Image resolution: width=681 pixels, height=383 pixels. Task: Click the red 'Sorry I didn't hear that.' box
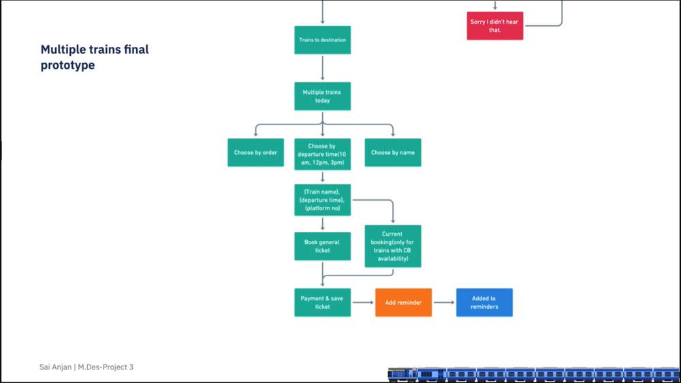pyautogui.click(x=494, y=26)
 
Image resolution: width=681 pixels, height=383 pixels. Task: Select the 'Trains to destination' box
pyautogui.click(x=322, y=40)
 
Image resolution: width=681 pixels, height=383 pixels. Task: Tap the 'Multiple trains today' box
pyautogui.click(x=322, y=96)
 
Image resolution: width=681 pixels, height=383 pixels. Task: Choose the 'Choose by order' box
pyautogui.click(x=255, y=152)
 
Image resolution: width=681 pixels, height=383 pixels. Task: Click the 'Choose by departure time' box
pyautogui.click(x=322, y=154)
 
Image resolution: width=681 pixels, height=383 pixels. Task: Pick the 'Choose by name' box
pyautogui.click(x=392, y=152)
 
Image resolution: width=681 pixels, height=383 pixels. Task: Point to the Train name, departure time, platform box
pyautogui.click(x=322, y=200)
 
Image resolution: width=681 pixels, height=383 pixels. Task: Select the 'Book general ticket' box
pyautogui.click(x=322, y=246)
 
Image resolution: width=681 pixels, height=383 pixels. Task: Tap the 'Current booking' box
pyautogui.click(x=392, y=246)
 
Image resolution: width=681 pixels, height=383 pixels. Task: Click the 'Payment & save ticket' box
pyautogui.click(x=322, y=302)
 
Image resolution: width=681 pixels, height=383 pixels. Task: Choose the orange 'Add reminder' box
pyautogui.click(x=403, y=302)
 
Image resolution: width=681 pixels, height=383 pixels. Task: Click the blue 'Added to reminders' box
pyautogui.click(x=484, y=302)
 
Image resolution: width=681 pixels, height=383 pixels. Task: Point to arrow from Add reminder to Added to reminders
pyautogui.click(x=443, y=302)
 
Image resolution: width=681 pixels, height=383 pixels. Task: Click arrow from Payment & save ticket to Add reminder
pyautogui.click(x=363, y=302)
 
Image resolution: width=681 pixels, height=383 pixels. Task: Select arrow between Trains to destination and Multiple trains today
pyautogui.click(x=322, y=68)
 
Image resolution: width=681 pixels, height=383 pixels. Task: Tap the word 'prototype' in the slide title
pyautogui.click(x=67, y=65)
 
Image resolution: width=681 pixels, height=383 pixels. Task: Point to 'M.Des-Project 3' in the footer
pyautogui.click(x=105, y=367)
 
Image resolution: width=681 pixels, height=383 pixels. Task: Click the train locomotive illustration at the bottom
pyautogui.click(x=402, y=373)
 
